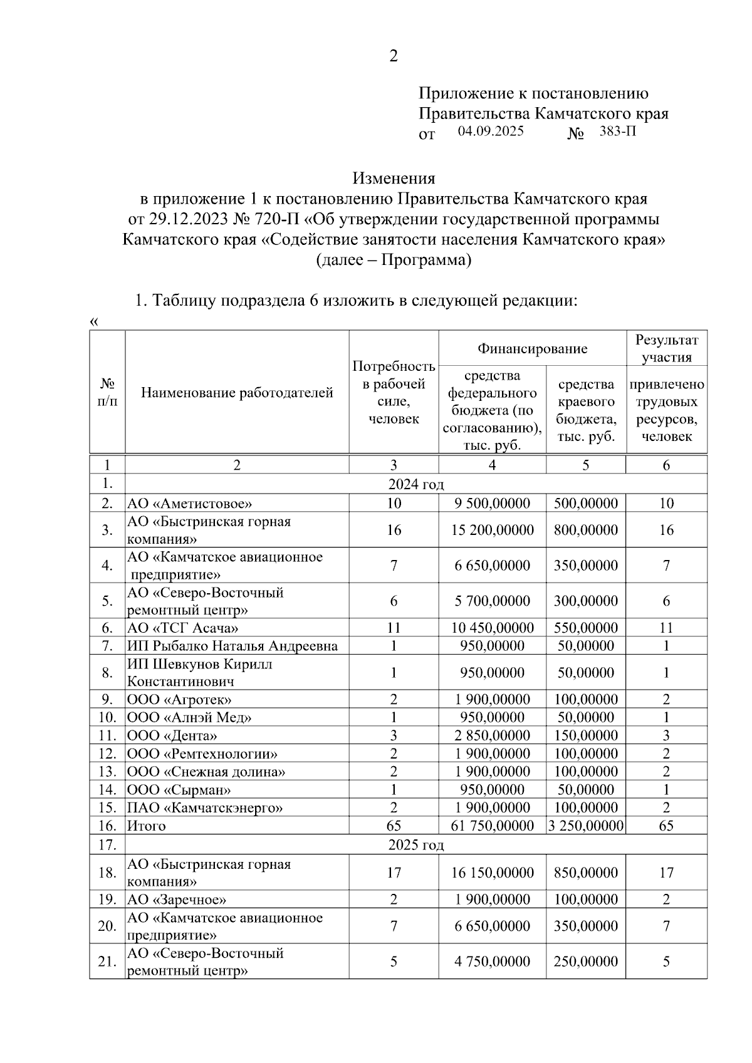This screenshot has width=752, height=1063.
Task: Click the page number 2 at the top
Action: point(393,56)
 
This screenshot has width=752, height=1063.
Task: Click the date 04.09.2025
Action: point(490,132)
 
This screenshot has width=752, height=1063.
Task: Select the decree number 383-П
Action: point(617,132)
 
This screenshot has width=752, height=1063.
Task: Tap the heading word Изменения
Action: point(393,179)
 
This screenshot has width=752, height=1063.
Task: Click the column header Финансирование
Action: point(532,348)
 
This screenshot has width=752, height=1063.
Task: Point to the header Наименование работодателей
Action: point(237,393)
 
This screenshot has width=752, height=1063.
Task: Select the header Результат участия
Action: point(666,348)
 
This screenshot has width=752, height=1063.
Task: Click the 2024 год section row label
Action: point(415,484)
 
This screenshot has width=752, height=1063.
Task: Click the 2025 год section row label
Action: point(415,845)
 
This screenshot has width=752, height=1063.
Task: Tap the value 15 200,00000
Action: point(492,530)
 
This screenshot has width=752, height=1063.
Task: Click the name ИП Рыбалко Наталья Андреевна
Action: point(232,646)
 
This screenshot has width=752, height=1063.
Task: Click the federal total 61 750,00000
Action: point(492,826)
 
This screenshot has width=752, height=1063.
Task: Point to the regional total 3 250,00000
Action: point(585,826)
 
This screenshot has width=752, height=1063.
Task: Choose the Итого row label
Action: point(147,826)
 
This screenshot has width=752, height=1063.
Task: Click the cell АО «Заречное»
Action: point(177,900)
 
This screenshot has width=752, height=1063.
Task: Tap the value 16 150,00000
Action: point(492,873)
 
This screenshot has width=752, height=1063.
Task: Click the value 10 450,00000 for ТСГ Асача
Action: point(492,628)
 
